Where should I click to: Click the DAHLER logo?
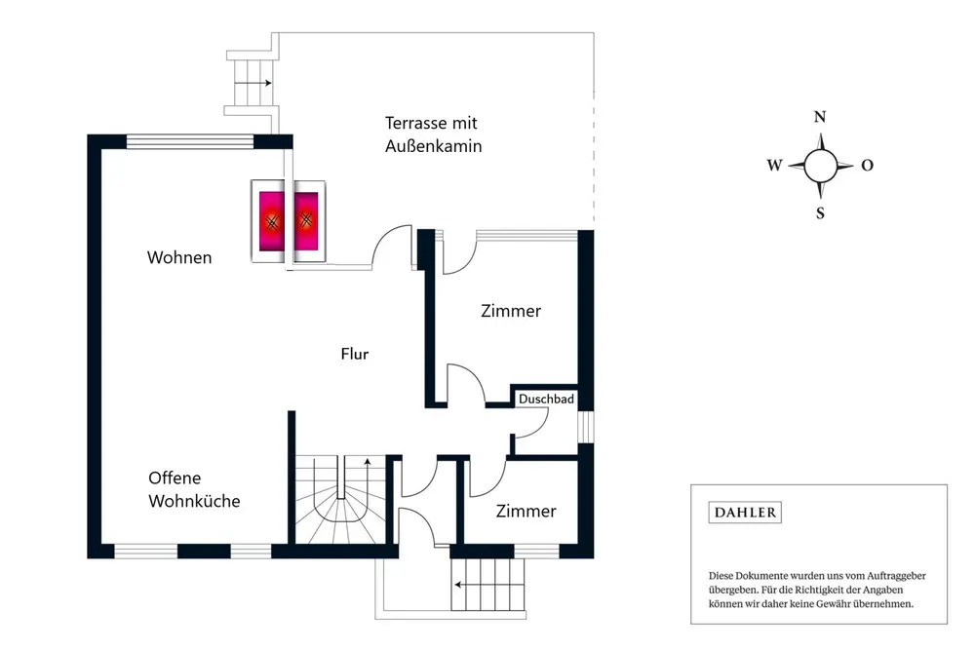click(745, 513)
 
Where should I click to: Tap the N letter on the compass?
click(820, 117)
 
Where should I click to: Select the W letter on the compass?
click(774, 166)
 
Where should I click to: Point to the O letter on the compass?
click(867, 166)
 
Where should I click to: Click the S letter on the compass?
click(820, 213)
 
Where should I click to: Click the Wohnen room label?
click(179, 257)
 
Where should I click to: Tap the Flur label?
click(355, 354)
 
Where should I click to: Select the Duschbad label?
click(546, 399)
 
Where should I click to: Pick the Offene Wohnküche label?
click(194, 489)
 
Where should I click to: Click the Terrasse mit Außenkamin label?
click(433, 134)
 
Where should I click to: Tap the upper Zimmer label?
click(511, 311)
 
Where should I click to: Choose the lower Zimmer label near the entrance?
click(526, 511)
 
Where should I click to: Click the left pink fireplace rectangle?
click(271, 221)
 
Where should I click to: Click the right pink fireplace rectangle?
click(306, 221)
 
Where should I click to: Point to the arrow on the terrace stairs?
click(253, 83)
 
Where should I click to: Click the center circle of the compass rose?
click(821, 166)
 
